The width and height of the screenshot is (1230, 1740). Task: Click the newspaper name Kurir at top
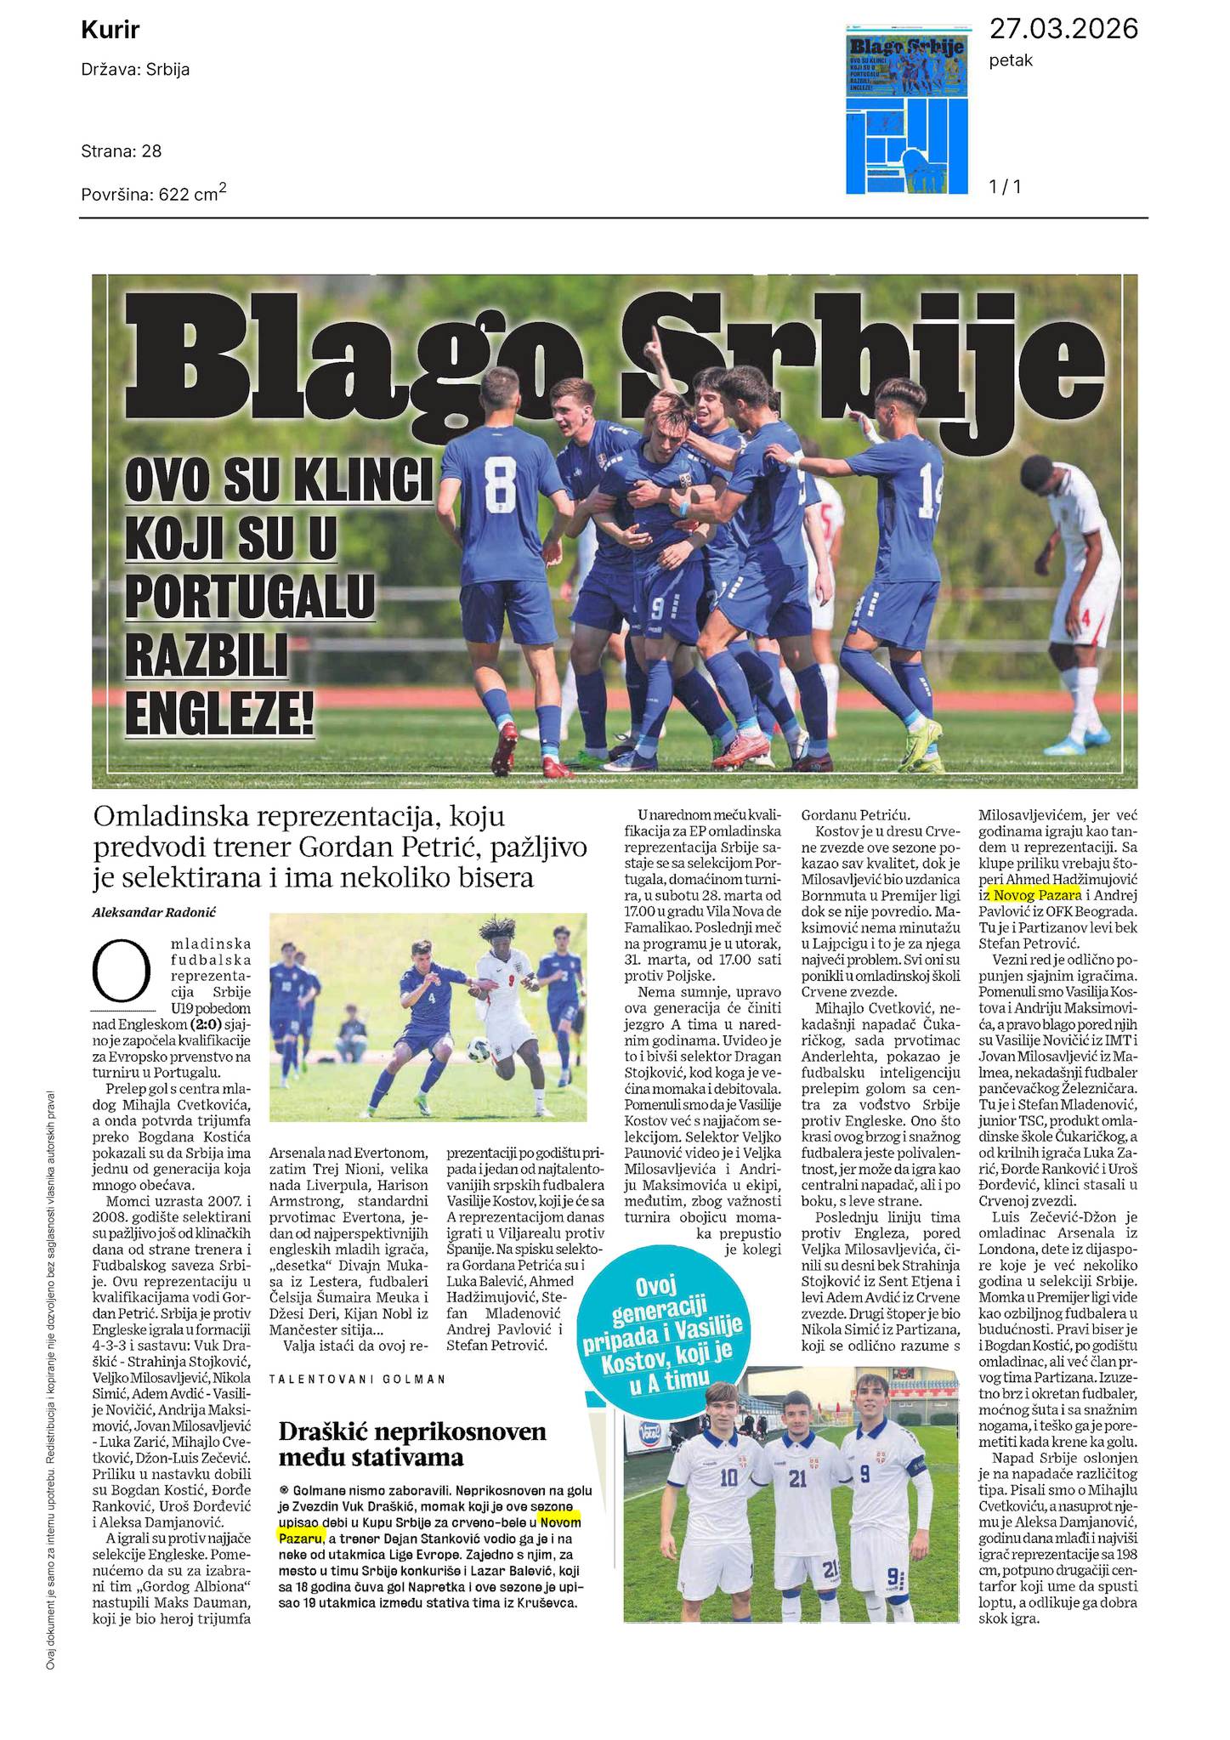tap(110, 31)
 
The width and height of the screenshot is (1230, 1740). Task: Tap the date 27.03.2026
tap(1063, 30)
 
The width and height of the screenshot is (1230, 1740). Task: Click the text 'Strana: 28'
tap(122, 151)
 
